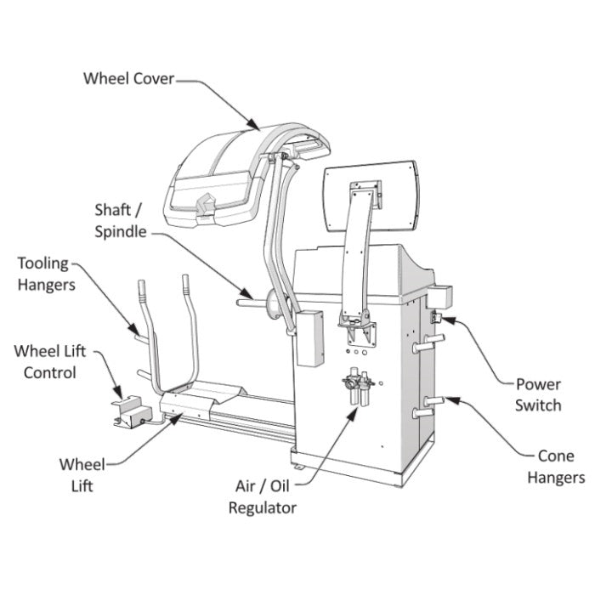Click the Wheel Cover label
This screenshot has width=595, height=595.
(x=128, y=78)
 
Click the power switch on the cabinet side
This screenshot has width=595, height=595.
(x=436, y=318)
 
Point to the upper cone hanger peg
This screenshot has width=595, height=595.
(x=427, y=344)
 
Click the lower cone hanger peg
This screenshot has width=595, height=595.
(x=428, y=409)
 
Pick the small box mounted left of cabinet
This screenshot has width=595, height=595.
(x=309, y=337)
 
